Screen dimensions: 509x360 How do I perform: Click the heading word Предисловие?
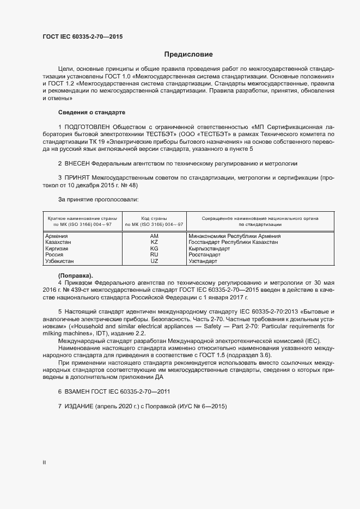pyautogui.click(x=188, y=54)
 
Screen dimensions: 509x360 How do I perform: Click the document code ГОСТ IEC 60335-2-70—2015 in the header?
pyautogui.click(x=82, y=38)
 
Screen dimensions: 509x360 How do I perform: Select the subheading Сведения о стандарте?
pyautogui.click(x=91, y=112)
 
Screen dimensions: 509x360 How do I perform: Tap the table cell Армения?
pyautogui.click(x=56, y=236)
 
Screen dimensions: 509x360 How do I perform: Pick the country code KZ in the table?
pyautogui.click(x=154, y=242)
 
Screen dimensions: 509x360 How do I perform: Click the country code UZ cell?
pyautogui.click(x=154, y=261)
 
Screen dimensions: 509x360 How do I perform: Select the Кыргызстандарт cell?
pyautogui.click(x=210, y=249)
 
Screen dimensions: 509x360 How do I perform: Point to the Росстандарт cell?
pyautogui.click(x=204, y=255)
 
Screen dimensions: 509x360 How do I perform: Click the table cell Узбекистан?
pyautogui.click(x=60, y=261)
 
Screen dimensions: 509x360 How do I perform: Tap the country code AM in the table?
pyautogui.click(x=154, y=236)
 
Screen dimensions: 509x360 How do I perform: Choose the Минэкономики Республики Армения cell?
pyautogui.click(x=234, y=236)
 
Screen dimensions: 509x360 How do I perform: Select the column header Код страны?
pyautogui.click(x=154, y=218)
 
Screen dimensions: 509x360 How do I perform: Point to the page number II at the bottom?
pyautogui.click(x=44, y=462)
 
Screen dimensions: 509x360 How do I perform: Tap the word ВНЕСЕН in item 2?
pyautogui.click(x=77, y=163)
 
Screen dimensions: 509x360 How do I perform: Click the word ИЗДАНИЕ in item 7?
pyautogui.click(x=79, y=407)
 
